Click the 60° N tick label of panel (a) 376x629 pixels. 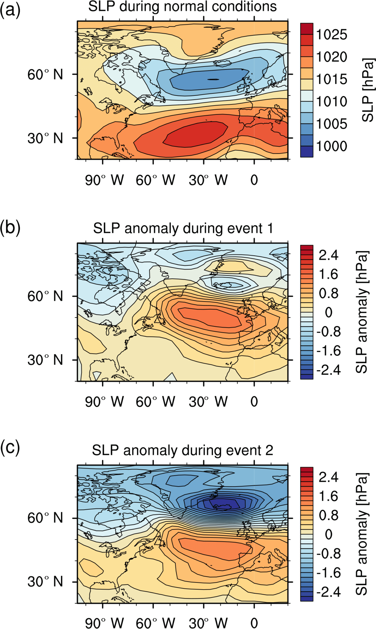45,75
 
